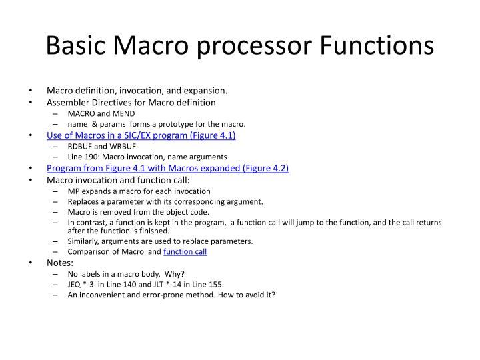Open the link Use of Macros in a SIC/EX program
tap(141, 135)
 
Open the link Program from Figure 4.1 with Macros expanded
tap(167, 168)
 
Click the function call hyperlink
tap(185, 251)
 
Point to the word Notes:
tap(60, 263)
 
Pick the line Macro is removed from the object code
tap(138, 212)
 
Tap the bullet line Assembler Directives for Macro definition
tap(131, 103)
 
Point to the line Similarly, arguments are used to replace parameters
tap(160, 241)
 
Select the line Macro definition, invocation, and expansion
tap(137, 90)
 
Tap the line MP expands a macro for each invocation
tap(139, 191)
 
